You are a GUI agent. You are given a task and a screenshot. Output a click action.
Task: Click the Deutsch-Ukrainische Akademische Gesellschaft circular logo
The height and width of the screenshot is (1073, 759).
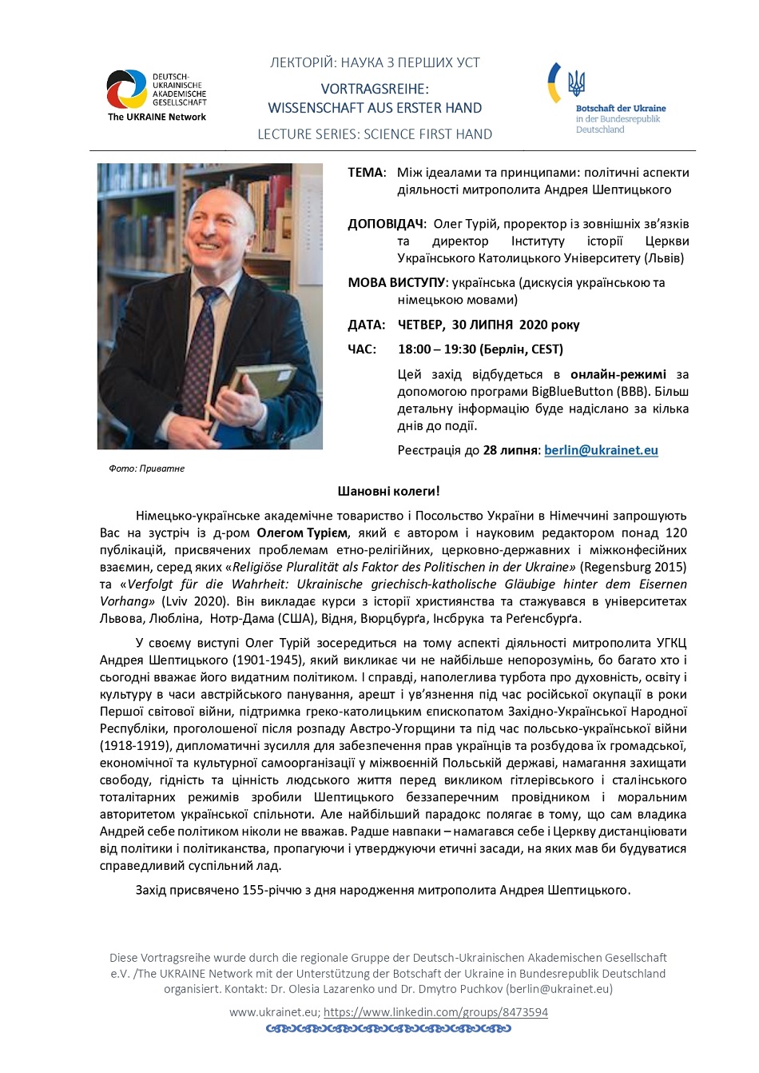tap(126, 90)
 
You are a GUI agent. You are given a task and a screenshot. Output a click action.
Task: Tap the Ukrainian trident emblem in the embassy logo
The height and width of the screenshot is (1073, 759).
tap(576, 82)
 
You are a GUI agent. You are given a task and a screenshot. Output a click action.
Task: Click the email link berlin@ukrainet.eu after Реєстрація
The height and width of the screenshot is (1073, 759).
tap(601, 450)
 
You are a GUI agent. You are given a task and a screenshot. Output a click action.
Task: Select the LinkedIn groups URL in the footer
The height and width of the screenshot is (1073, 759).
tap(435, 1012)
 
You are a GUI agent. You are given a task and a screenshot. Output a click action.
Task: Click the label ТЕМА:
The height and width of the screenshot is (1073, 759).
tap(367, 173)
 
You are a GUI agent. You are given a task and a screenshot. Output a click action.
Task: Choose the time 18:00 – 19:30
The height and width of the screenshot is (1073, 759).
tap(437, 349)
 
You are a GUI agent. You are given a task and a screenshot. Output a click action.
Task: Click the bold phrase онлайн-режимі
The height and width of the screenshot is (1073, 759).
tap(618, 374)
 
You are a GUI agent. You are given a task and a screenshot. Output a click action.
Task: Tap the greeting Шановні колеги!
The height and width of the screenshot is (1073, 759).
tap(388, 491)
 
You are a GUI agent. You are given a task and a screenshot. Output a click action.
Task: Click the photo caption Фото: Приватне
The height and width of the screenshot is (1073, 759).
tap(147, 469)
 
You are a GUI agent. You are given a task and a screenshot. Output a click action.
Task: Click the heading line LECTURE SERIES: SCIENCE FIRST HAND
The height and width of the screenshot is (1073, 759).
tap(375, 134)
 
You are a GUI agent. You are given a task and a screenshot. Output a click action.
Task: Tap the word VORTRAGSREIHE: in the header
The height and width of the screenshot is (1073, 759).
tap(375, 89)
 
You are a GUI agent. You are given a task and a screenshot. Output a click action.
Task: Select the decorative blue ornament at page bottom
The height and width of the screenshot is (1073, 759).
tap(388, 1029)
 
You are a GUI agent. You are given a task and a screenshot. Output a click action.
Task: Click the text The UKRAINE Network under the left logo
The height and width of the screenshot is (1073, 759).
tap(157, 117)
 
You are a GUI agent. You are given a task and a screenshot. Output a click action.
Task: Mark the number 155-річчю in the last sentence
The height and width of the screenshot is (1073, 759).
tap(272, 890)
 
